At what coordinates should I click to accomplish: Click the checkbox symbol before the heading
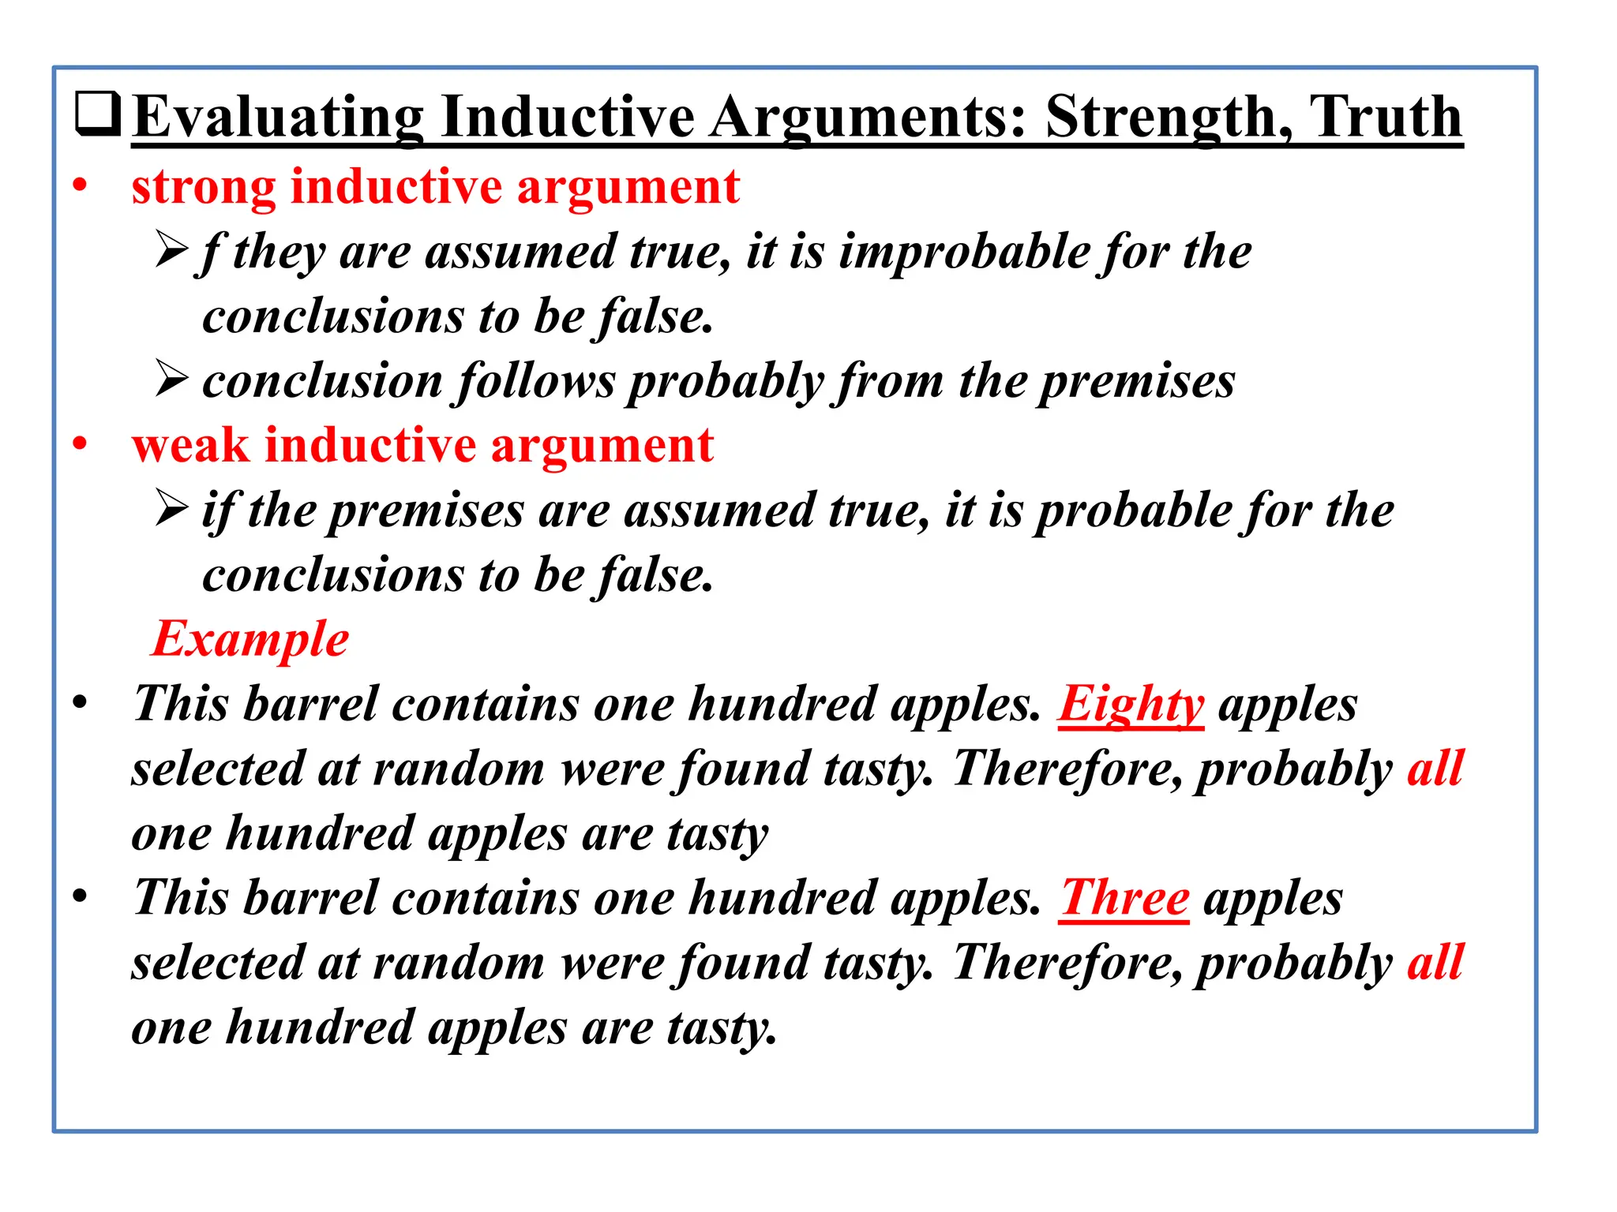pyautogui.click(x=98, y=115)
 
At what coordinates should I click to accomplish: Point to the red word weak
pyautogui.click(x=190, y=446)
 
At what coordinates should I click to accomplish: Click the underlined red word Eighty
pyautogui.click(x=1131, y=704)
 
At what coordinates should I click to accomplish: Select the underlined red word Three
pyautogui.click(x=1124, y=898)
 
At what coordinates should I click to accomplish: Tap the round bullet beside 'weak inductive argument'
pyautogui.click(x=80, y=444)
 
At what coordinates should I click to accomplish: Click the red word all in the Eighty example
pyautogui.click(x=1435, y=769)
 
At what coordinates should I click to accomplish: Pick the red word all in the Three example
pyautogui.click(x=1435, y=963)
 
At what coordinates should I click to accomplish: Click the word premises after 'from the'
pyautogui.click(x=1137, y=382)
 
